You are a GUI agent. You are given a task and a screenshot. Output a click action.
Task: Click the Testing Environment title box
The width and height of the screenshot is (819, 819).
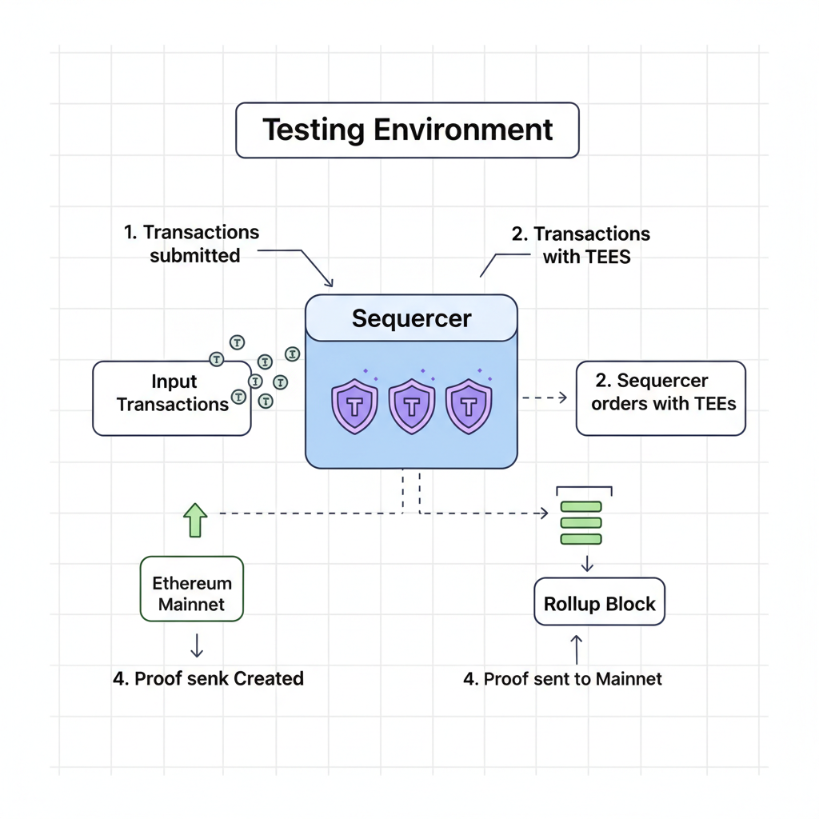coord(407,130)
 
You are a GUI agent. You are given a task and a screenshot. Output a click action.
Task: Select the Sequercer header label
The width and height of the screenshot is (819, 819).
coord(411,318)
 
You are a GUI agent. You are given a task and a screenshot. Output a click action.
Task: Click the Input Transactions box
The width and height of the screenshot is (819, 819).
coord(172,398)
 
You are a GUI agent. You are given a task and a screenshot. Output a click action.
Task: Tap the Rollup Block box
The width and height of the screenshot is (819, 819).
coord(599,602)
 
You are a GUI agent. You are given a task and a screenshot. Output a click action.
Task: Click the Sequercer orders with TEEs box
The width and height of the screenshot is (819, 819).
coord(661,398)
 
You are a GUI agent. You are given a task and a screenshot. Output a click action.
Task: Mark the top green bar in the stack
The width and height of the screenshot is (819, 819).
coord(581,507)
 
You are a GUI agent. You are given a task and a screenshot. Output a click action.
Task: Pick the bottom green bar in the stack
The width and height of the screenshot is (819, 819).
coord(581,539)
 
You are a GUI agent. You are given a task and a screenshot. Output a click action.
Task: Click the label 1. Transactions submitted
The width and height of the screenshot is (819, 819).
coord(193,244)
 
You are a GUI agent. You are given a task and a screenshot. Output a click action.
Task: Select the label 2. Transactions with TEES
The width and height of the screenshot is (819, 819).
coord(581,245)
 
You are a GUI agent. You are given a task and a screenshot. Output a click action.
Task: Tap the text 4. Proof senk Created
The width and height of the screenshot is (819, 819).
coord(208,678)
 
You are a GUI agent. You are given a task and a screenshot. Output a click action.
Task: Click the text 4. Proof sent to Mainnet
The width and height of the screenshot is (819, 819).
coord(563,679)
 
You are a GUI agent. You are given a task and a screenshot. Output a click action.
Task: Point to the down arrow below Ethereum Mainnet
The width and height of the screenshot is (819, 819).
coord(195,645)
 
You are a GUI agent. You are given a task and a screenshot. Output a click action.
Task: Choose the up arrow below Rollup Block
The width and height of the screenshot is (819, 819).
coord(577,649)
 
